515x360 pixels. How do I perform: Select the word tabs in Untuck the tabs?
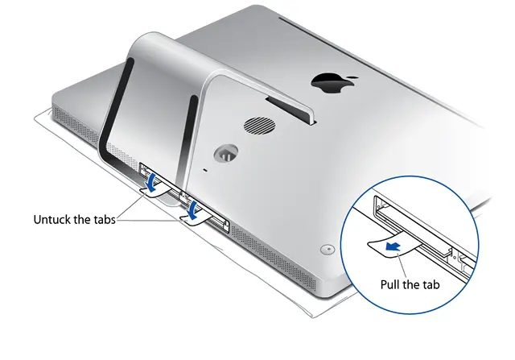(102, 219)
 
